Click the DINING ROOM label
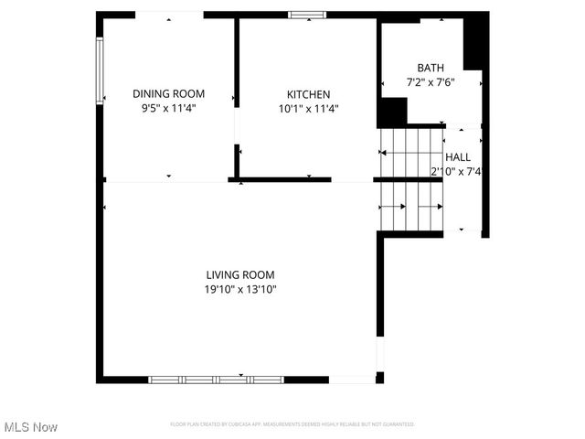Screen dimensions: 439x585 [x=168, y=93]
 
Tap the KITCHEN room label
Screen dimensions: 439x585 [x=308, y=94]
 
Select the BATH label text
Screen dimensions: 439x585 [x=431, y=68]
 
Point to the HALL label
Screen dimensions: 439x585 [x=458, y=157]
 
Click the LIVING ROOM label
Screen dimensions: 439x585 [x=240, y=274]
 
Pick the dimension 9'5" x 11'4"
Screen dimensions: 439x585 [x=168, y=108]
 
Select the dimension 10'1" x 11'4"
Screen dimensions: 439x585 [x=308, y=109]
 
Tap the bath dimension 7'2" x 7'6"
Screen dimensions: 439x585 [x=431, y=82]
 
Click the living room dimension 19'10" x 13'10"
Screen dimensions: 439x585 [x=240, y=289]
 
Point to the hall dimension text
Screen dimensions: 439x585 [x=456, y=171]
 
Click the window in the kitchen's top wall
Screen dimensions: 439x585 [x=307, y=14]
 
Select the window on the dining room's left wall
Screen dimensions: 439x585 [x=100, y=70]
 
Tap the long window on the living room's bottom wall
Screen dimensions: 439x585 [x=217, y=379]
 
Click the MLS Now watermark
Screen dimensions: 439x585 [x=31, y=427]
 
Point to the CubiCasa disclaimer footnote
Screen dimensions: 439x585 [x=292, y=424]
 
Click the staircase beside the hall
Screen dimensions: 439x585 [x=410, y=179]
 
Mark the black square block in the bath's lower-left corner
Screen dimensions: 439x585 [x=392, y=112]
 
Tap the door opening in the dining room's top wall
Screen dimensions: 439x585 [x=169, y=15]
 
